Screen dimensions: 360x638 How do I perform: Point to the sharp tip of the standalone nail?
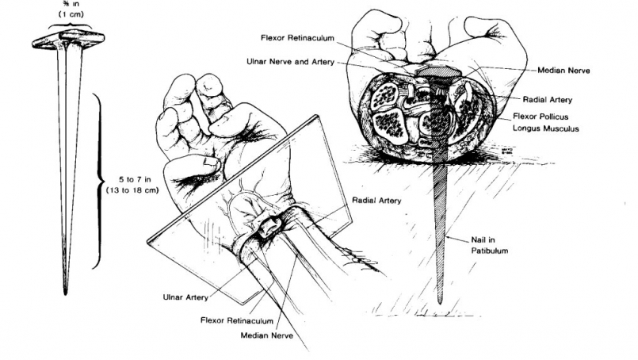pyautogui.click(x=66, y=292)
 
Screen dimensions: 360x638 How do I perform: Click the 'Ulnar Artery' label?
pyautogui.click(x=188, y=298)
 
